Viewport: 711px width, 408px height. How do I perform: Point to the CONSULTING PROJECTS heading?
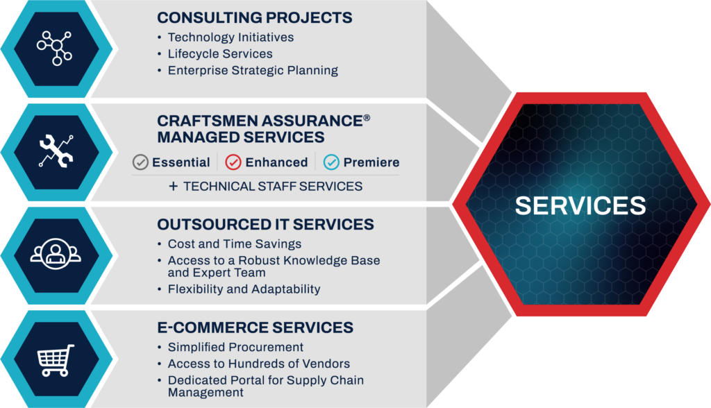(254, 18)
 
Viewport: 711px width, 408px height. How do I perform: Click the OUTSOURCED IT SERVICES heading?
(265, 225)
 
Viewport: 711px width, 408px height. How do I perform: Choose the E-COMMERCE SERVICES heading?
(255, 328)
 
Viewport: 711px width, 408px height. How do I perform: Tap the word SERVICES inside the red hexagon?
(580, 205)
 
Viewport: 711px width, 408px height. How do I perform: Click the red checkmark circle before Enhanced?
(233, 162)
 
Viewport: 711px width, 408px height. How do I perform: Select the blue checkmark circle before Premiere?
(331, 162)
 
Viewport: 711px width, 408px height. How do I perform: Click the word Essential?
(181, 162)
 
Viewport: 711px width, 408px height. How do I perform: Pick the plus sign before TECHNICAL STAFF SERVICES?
(173, 186)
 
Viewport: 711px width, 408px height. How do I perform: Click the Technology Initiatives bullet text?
(231, 37)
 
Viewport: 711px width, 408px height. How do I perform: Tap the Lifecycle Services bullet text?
(220, 54)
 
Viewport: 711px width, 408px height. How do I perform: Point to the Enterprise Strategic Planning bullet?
(253, 71)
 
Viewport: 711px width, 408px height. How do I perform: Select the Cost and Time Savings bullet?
(235, 244)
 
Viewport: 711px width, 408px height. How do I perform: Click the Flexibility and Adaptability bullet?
(244, 289)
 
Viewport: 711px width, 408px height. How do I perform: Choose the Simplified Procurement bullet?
(235, 347)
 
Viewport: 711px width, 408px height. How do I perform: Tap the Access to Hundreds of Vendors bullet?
(258, 364)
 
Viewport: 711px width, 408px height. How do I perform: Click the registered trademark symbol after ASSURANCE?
(366, 119)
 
